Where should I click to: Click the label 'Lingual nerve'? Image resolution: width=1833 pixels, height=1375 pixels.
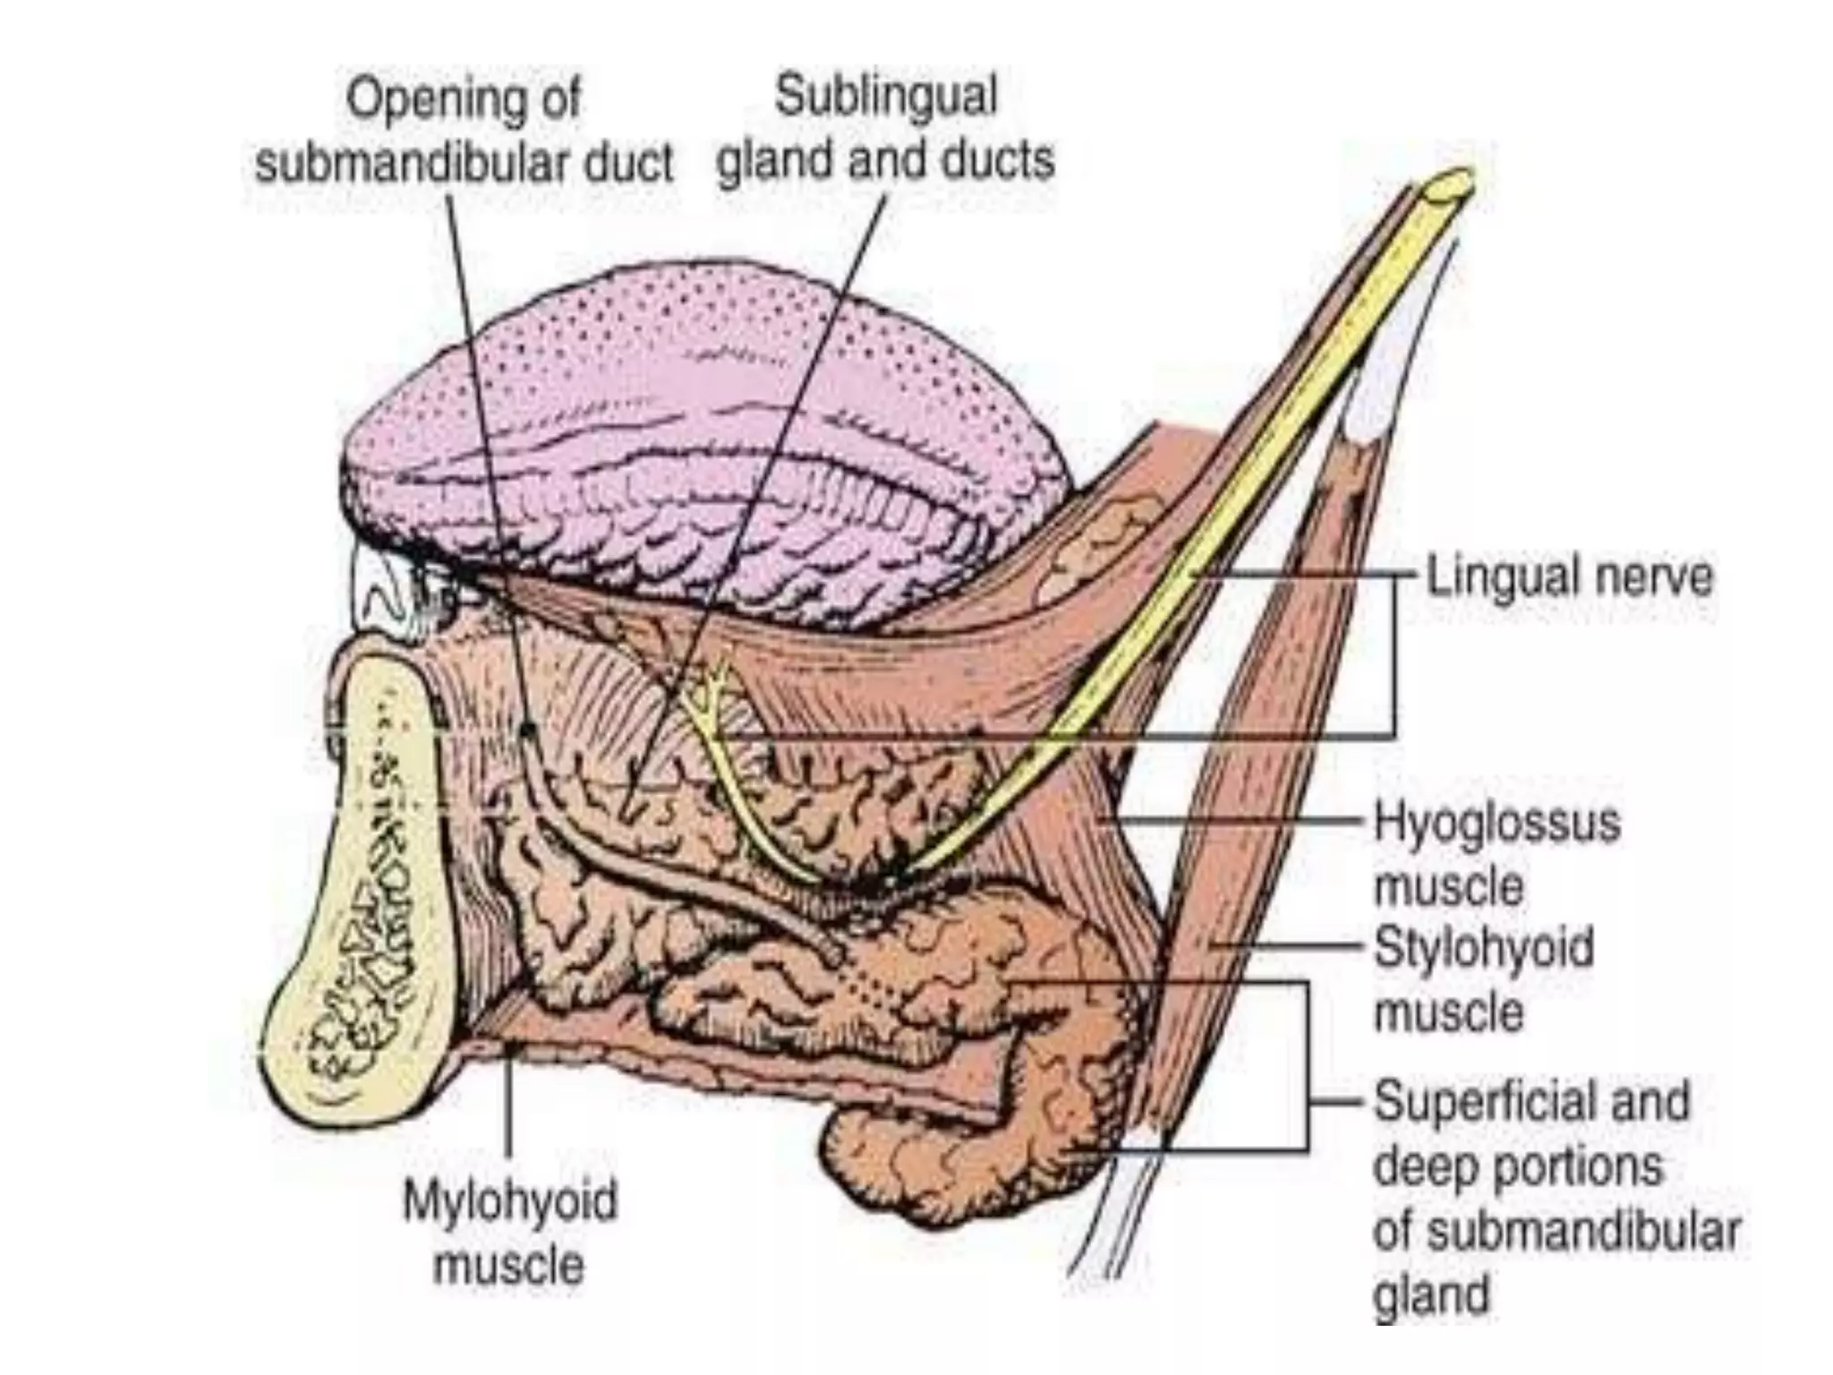pyautogui.click(x=1569, y=577)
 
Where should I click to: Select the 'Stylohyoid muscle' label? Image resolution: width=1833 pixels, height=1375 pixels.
pyautogui.click(x=1484, y=979)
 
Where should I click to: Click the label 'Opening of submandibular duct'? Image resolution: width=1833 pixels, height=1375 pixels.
pyautogui.click(x=464, y=132)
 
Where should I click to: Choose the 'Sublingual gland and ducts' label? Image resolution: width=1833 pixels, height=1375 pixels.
pyautogui.click(x=885, y=129)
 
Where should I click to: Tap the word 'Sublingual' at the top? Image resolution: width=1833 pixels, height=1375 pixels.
pyautogui.click(x=885, y=97)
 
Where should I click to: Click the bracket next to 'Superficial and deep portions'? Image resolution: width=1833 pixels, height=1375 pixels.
pyautogui.click(x=1308, y=1065)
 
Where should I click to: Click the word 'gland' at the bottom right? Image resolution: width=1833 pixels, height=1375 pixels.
pyautogui.click(x=1431, y=1297)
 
